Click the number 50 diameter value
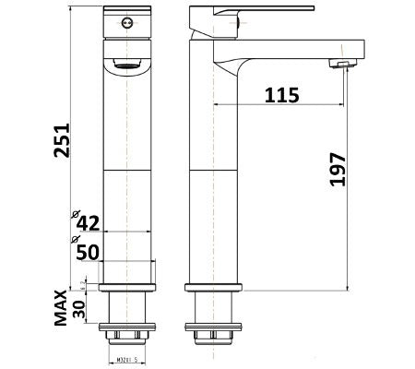[87, 250]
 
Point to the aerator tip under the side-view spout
[338, 64]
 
